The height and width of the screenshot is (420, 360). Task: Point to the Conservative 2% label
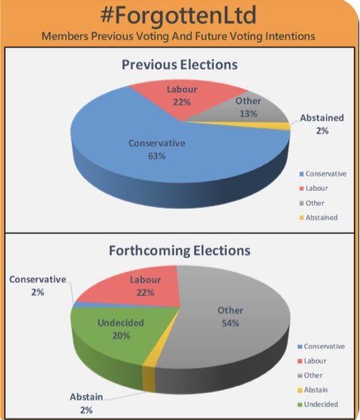[38, 286]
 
